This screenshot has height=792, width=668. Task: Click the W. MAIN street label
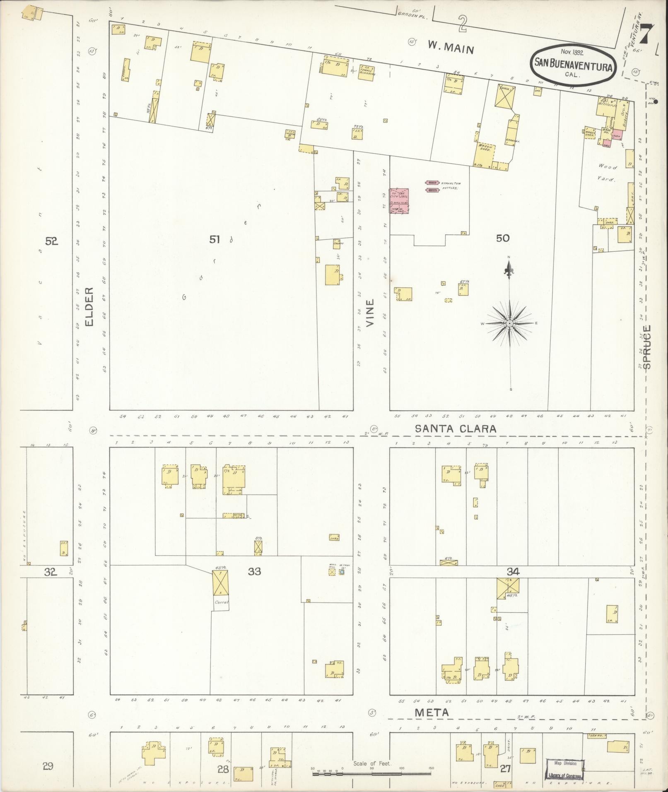coord(451,48)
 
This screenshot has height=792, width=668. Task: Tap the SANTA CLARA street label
coord(456,429)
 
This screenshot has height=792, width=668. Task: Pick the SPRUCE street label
coord(648,347)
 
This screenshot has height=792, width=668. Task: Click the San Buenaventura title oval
coord(573,64)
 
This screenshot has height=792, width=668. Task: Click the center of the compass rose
coord(510,323)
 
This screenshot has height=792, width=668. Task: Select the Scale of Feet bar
coord(372,773)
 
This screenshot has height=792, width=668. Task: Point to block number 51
coord(214,239)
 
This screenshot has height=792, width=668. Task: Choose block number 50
coord(502,238)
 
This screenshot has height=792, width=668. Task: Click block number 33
coord(254,572)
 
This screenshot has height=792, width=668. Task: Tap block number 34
coord(513,572)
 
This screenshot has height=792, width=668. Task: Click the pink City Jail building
coord(399,201)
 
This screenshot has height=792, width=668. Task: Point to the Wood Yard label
coord(607,173)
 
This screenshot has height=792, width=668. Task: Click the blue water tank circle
coord(342,572)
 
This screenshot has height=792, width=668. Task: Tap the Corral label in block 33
coord(220,603)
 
